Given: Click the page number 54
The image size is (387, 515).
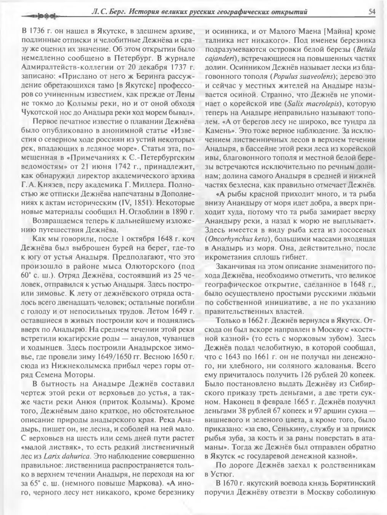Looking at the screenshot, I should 372,12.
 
